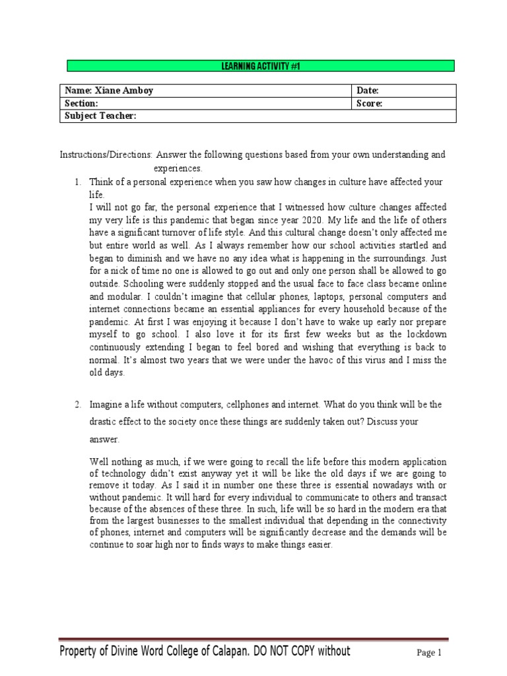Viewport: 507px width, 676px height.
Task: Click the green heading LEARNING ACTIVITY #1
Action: pos(261,65)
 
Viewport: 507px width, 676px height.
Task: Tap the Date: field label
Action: pos(368,91)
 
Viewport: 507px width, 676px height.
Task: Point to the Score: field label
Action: pos(370,104)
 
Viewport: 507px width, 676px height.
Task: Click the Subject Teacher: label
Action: pos(100,116)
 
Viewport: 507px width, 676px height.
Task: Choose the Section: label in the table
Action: pos(81,104)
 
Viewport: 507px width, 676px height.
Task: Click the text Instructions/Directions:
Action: pos(106,155)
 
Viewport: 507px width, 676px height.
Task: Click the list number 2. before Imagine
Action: pos(77,404)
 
